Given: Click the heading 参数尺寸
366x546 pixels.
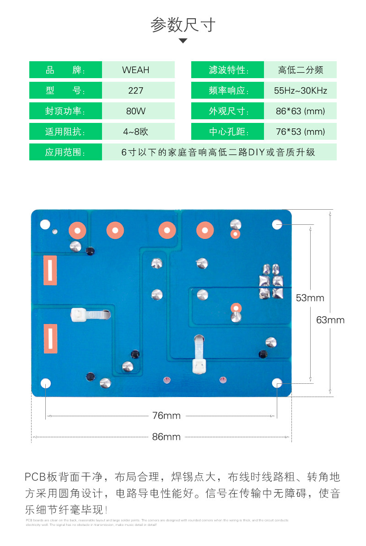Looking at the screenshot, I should [183, 25].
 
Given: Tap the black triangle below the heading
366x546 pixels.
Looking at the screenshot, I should [183, 41].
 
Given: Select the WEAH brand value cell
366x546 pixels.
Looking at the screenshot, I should [138, 70].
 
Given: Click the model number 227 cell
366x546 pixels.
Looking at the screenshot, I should [138, 90].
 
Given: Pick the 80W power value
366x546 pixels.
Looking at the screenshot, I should [138, 111].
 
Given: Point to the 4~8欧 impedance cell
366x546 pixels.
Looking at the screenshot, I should [138, 132].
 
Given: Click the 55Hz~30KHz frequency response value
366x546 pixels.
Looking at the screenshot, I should [300, 90].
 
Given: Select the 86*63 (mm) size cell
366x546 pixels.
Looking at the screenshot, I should [300, 111].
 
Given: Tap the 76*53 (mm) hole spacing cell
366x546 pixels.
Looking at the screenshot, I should [300, 132].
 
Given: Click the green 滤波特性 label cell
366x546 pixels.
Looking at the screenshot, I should [227, 70].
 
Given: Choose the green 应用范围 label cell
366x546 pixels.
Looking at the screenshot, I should [65, 152].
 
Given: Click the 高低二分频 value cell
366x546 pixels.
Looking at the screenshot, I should [300, 70].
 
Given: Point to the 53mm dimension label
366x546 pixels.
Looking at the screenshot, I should [310, 298].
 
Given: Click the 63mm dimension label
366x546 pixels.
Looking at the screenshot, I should [330, 320].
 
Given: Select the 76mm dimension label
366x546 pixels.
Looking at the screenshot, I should [167, 416].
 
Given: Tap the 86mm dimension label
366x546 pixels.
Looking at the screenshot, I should [167, 437].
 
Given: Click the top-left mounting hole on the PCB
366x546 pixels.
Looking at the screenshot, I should [45, 224].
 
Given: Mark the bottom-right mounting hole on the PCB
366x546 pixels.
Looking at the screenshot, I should [277, 383].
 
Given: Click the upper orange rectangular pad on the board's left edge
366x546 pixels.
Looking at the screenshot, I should [50, 270].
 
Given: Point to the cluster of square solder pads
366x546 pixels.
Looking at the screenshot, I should [271, 281].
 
